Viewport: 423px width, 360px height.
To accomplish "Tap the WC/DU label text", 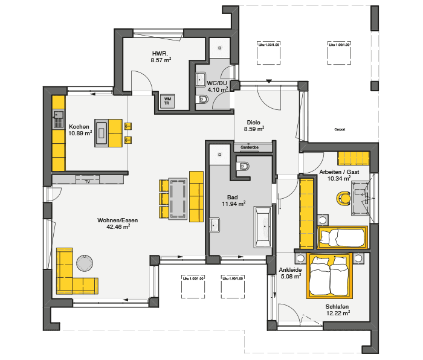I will tap(217, 83).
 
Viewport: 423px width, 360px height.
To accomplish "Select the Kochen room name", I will tap(80, 126).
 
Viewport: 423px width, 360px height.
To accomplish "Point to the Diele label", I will tap(254, 122).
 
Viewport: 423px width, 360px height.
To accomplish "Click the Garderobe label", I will tap(250, 147).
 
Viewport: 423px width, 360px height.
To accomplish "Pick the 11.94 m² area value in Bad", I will tap(233, 204).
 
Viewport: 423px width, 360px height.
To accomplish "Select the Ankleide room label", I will tap(291, 269).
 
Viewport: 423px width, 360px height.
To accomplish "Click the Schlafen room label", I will tap(337, 306).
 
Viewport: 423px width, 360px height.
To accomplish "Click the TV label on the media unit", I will tap(88, 181).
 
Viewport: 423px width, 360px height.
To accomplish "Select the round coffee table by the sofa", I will tap(85, 262).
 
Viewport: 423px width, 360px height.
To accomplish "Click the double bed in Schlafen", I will tap(329, 276).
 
